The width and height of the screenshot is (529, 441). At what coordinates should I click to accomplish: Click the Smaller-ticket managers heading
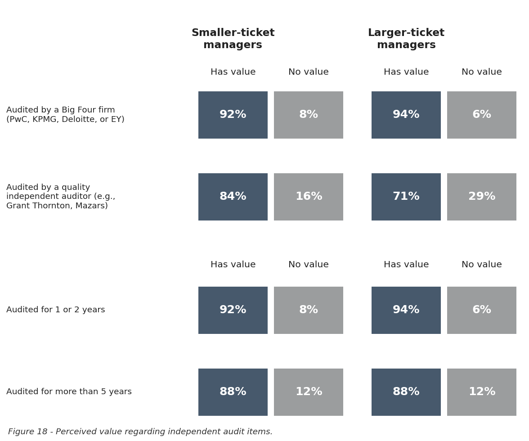(233, 39)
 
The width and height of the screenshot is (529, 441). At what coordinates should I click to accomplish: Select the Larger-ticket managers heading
(406, 39)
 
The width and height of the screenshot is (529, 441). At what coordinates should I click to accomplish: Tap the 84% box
(233, 197)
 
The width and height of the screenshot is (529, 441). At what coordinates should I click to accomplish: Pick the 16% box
(309, 197)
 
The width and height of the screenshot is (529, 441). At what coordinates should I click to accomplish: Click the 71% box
(406, 197)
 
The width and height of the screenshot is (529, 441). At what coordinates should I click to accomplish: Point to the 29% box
(482, 197)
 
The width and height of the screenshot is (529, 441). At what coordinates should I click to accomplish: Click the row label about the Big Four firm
(66, 115)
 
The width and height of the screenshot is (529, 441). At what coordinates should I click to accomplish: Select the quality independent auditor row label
(61, 196)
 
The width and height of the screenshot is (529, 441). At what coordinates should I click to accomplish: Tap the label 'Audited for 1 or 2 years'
(56, 310)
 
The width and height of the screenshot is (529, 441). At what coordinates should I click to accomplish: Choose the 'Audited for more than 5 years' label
(69, 391)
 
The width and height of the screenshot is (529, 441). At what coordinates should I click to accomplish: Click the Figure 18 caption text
(140, 432)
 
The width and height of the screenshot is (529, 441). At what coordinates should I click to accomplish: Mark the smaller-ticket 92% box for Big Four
(233, 115)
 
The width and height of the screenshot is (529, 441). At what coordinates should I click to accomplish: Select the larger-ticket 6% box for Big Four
(482, 115)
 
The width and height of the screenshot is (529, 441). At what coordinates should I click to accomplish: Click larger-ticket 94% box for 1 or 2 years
(406, 310)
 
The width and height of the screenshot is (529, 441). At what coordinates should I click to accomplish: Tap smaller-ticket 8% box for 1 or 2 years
(309, 310)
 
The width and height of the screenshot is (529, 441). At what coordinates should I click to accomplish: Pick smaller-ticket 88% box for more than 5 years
(233, 392)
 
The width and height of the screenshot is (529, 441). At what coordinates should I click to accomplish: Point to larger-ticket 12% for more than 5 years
(482, 392)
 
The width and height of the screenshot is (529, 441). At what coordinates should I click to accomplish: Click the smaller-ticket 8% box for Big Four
(309, 115)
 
